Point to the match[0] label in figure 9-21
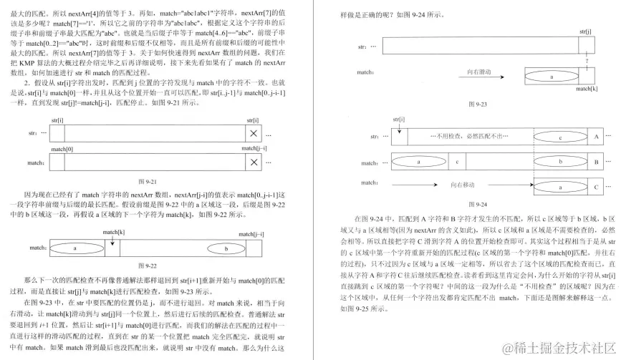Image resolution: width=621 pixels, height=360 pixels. tap(62, 149)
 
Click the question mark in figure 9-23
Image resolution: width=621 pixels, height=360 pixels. tap(587, 61)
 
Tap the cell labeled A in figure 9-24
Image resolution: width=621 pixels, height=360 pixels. tap(596, 136)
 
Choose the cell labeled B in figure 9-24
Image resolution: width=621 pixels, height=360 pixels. tap(596, 162)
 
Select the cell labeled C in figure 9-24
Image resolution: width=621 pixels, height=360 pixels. tap(596, 187)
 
